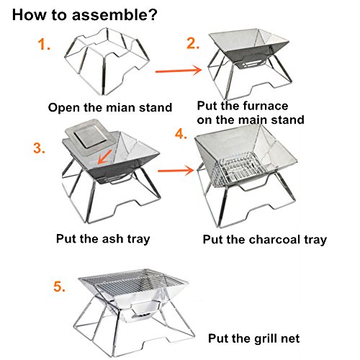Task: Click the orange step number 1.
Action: pos(44,45)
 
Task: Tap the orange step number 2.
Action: pos(193,43)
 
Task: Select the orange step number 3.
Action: pos(39,148)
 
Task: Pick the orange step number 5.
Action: pos(59,287)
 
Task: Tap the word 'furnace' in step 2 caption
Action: pos(265,106)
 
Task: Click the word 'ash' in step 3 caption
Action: pos(112,239)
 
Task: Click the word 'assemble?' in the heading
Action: pos(114,14)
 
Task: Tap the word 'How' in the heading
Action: pos(29,14)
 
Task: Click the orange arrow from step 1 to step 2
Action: pos(179,71)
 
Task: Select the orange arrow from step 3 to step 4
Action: pos(176,170)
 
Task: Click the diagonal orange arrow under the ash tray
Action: pos(104,157)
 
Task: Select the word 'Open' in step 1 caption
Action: pos(64,108)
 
